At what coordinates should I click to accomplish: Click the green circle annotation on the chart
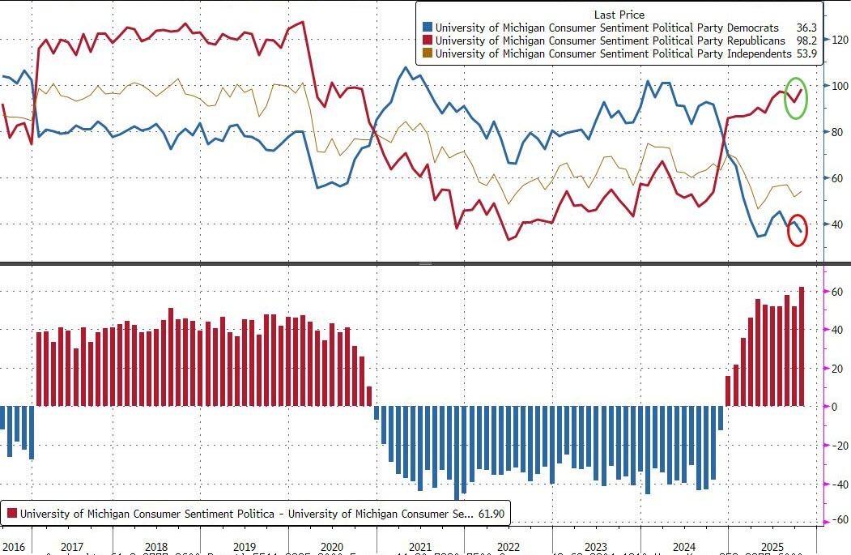pyautogui.click(x=796, y=96)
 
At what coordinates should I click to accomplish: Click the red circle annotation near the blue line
pyautogui.click(x=798, y=230)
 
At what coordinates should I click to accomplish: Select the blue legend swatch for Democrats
pyautogui.click(x=427, y=27)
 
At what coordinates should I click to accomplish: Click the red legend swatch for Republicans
pyautogui.click(x=427, y=41)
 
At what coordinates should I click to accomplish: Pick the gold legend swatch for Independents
pyautogui.click(x=427, y=53)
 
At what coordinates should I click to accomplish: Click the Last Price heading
pyautogui.click(x=619, y=14)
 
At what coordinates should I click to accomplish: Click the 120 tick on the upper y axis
pyautogui.click(x=838, y=39)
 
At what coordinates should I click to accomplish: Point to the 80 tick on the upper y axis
pyautogui.click(x=836, y=132)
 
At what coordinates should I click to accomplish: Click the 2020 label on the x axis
pyautogui.click(x=333, y=547)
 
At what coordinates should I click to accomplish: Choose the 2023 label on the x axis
pyautogui.click(x=595, y=547)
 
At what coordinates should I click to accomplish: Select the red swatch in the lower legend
pyautogui.click(x=11, y=513)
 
